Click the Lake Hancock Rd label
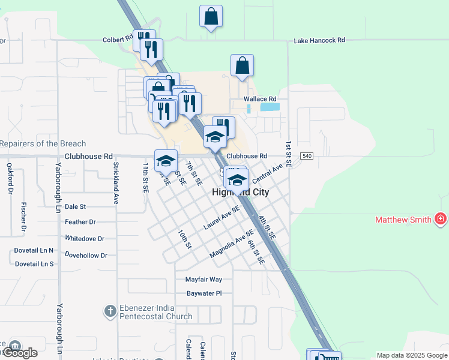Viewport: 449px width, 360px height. point(319,41)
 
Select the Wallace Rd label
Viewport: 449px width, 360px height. point(259,99)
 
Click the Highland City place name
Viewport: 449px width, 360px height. point(241,192)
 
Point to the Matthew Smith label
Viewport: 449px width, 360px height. point(403,220)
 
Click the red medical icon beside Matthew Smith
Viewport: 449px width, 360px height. point(441,219)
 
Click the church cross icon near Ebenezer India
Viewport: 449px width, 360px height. point(110,311)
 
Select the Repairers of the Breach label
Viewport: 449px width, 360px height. point(43,144)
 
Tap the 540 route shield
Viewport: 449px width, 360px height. point(307,156)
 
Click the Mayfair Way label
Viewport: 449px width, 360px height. point(203,280)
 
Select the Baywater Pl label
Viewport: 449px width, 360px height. point(204,293)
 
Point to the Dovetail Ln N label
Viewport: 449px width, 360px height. point(34,250)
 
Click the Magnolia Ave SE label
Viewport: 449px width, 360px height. point(228,247)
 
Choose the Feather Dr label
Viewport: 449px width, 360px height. point(80,222)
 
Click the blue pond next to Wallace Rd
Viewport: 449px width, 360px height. point(270,107)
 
